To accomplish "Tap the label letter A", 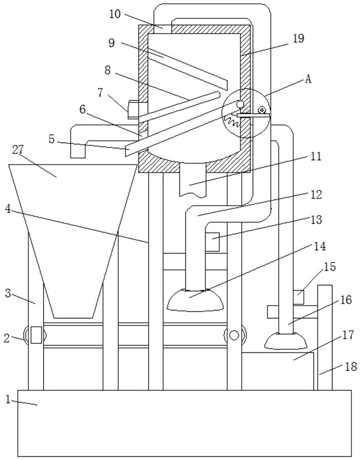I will coord(308,79).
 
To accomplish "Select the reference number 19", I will coord(298,39).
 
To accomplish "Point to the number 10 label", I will coord(115,14).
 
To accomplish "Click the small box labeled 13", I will coord(211,242).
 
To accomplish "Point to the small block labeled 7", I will coord(134,109).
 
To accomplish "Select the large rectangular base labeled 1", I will coord(184,423).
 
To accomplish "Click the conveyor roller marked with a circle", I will coord(234,335).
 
